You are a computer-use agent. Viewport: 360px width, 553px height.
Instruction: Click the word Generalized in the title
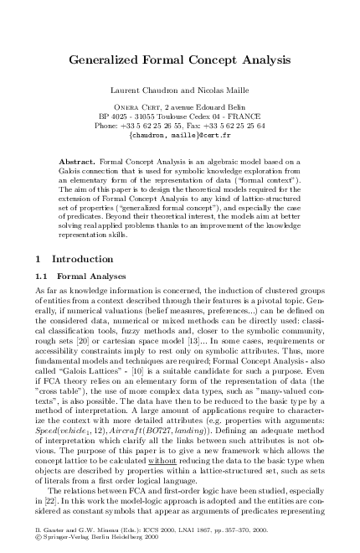coord(104,61)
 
